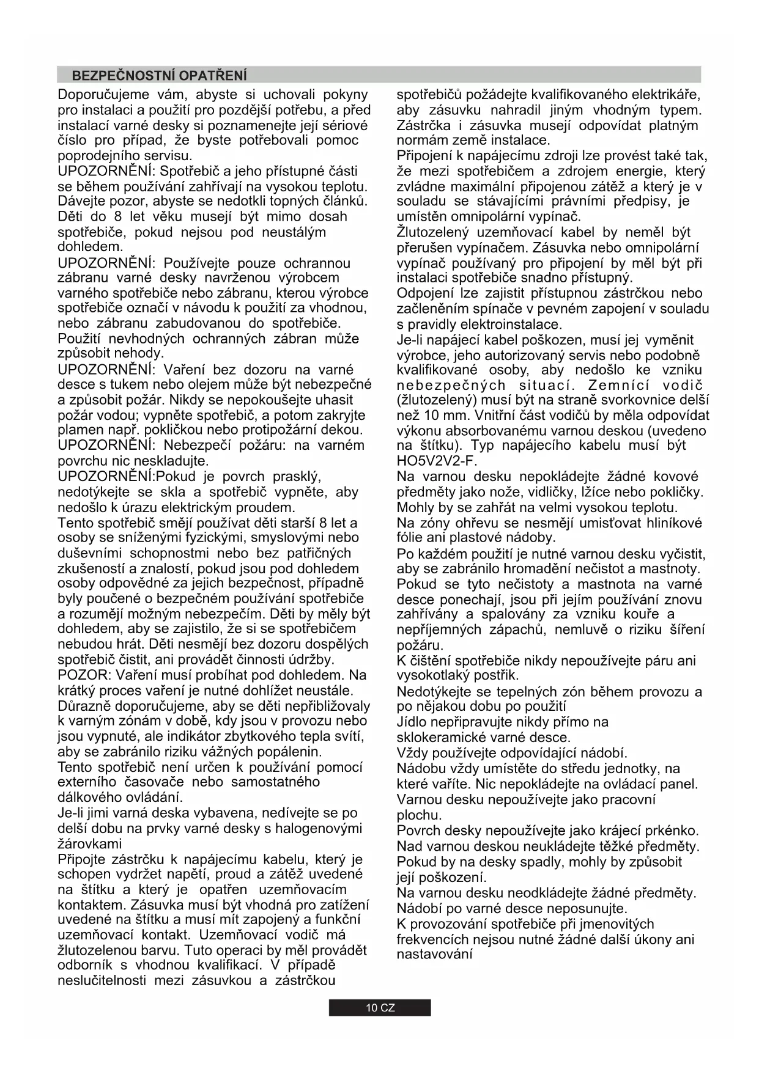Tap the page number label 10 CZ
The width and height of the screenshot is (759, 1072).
[380, 1008]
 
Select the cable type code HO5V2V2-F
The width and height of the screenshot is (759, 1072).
[437, 461]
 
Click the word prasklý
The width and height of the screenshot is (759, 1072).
[297, 477]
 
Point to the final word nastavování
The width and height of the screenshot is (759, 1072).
[434, 954]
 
